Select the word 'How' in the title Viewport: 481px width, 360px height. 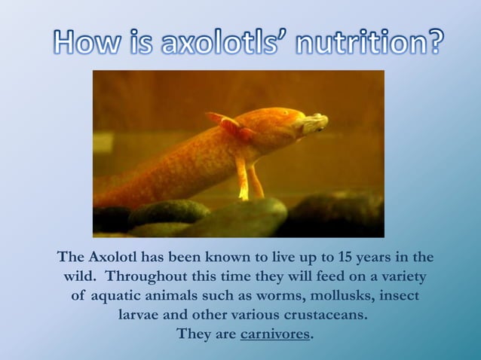(x=82, y=43)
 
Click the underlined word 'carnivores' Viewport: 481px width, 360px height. (x=274, y=334)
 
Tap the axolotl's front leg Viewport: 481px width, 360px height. (x=243, y=178)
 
